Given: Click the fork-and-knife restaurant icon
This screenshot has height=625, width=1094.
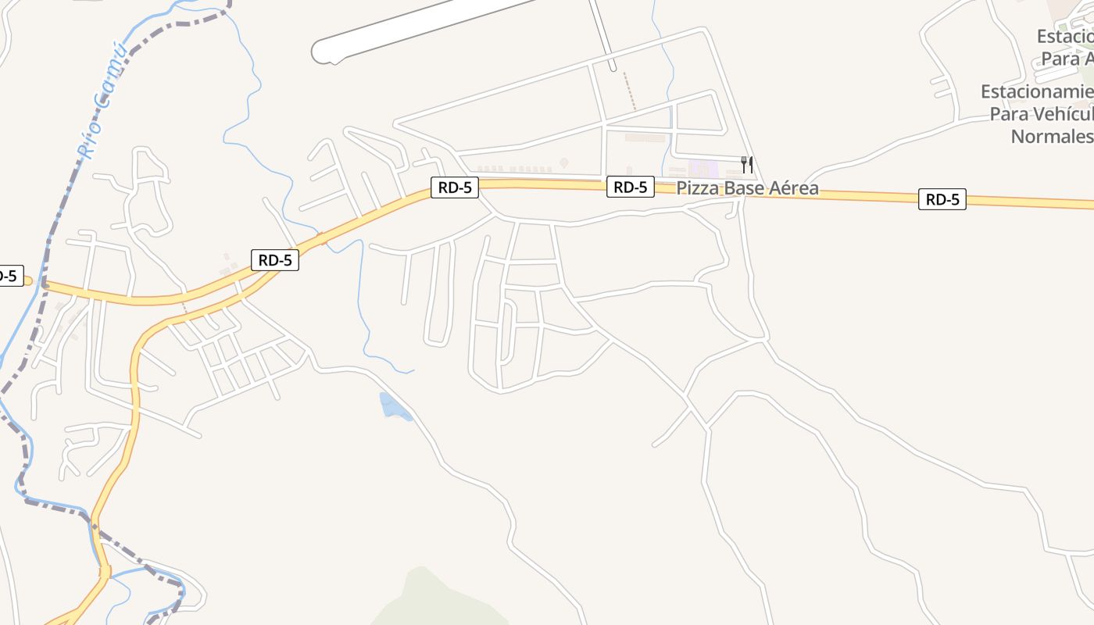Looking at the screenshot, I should pyautogui.click(x=747, y=164).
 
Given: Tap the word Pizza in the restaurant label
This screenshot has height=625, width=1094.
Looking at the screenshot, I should pyautogui.click(x=695, y=188).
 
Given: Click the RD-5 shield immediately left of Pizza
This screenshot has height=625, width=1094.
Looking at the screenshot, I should pyautogui.click(x=630, y=187).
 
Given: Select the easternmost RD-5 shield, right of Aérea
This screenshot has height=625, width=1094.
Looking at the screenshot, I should pyautogui.click(x=942, y=199).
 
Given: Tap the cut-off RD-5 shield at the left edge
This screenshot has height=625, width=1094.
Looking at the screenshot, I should pyautogui.click(x=9, y=276).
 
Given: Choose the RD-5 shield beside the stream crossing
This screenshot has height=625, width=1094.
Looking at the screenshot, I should pyautogui.click(x=275, y=260).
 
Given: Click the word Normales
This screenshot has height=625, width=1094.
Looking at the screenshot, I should pyautogui.click(x=1052, y=136).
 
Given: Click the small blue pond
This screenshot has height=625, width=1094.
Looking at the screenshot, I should pyautogui.click(x=393, y=407).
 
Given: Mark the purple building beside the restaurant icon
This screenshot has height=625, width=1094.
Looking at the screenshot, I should pyautogui.click(x=703, y=168).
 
